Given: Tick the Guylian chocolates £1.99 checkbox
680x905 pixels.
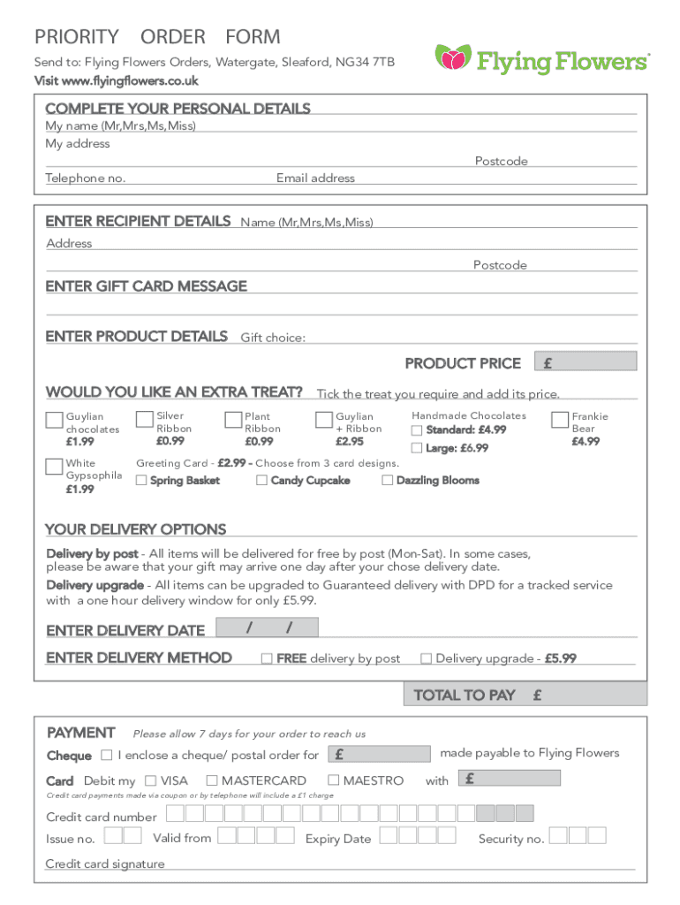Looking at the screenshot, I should tap(54, 420).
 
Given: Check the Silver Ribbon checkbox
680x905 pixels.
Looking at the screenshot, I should tap(144, 419).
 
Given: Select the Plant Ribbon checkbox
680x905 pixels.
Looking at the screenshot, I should tap(233, 420).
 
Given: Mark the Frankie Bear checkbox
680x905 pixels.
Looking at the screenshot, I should tap(560, 419).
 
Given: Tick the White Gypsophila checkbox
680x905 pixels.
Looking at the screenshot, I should tap(54, 467).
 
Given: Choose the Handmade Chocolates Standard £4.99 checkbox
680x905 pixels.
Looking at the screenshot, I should tap(417, 430).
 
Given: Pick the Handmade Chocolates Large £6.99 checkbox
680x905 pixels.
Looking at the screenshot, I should tap(417, 448).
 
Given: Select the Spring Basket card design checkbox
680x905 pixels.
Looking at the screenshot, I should tap(141, 481).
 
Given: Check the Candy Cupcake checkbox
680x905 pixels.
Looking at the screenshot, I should tap(261, 481).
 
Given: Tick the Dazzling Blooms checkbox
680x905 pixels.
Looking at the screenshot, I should tap(388, 481).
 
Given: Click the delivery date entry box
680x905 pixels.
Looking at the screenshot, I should tap(268, 628).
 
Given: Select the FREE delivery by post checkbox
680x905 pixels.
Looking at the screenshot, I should tap(266, 658).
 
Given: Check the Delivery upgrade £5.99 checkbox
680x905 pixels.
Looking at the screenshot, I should tap(426, 658).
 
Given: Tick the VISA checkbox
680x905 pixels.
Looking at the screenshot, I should tap(151, 780).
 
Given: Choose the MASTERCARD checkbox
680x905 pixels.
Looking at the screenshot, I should tap(212, 780).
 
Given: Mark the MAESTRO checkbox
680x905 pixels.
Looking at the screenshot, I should tap(333, 780).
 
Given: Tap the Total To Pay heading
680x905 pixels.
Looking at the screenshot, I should tap(464, 696).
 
